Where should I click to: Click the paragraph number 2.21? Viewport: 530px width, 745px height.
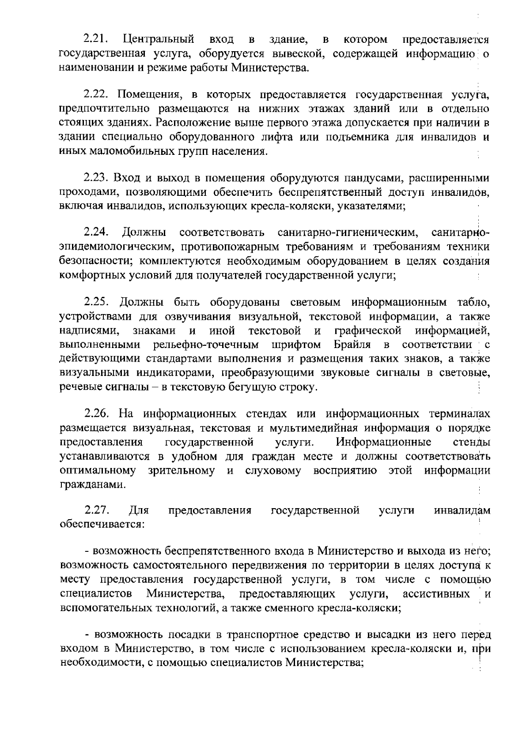(x=96, y=40)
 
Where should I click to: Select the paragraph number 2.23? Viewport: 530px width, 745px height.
(x=96, y=178)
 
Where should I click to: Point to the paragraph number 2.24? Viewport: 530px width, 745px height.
(x=96, y=232)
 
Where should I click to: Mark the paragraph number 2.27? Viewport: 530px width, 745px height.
(x=96, y=511)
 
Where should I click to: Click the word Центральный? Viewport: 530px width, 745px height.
(x=158, y=40)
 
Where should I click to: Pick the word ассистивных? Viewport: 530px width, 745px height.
(x=436, y=595)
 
